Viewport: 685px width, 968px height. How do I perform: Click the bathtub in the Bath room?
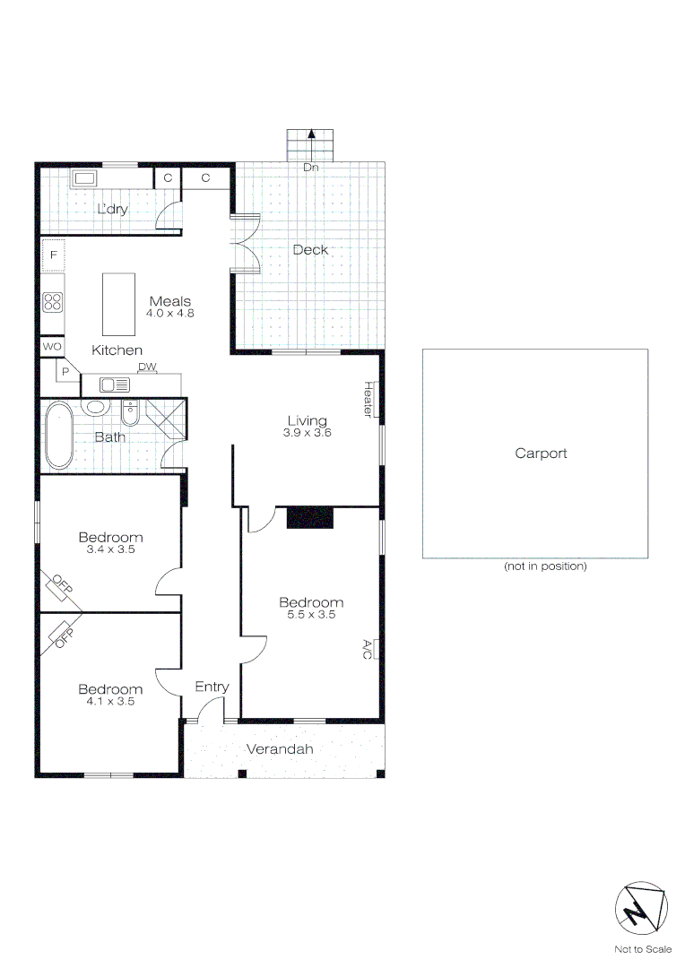click(59, 436)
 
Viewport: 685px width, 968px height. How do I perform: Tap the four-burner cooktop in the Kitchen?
click(53, 302)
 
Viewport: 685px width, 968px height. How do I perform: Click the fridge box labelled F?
click(53, 255)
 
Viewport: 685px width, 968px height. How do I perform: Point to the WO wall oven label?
click(52, 346)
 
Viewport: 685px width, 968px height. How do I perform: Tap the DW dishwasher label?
click(147, 367)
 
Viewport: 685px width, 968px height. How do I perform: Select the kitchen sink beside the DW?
click(115, 385)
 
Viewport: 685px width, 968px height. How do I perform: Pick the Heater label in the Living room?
click(368, 399)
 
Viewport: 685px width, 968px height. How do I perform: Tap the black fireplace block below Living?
click(309, 517)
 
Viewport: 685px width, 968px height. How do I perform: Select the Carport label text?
click(541, 454)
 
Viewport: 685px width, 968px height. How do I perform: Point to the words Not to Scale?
click(642, 949)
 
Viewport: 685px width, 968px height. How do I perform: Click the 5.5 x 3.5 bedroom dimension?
click(311, 615)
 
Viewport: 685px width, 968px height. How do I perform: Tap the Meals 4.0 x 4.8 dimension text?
click(170, 314)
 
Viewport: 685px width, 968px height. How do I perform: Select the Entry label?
click(212, 687)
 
